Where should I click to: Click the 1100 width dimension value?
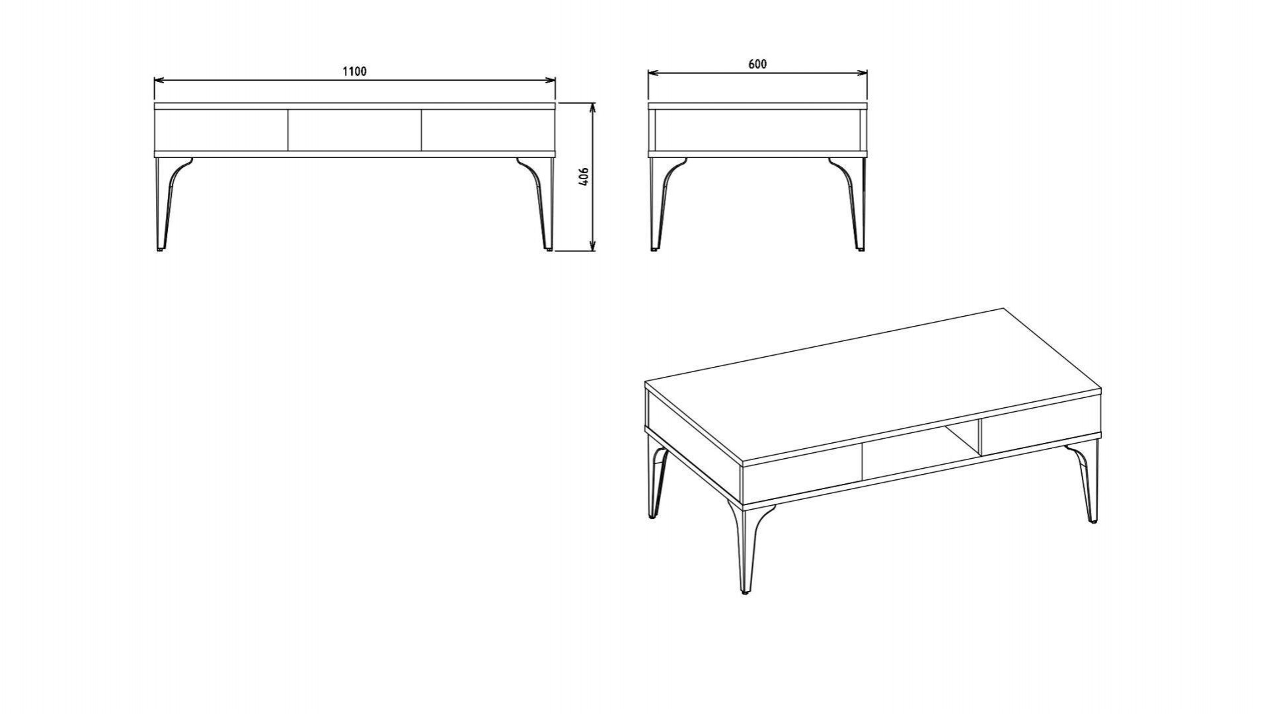(x=354, y=71)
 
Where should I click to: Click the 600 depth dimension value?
(x=757, y=64)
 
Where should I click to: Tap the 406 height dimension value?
(x=584, y=177)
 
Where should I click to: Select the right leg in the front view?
(x=544, y=205)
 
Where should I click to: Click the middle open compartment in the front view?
(x=354, y=130)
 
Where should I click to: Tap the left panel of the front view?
(x=221, y=130)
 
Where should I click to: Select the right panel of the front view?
(x=487, y=130)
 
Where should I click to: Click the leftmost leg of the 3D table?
(x=657, y=483)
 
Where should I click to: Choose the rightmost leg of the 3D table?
(x=1089, y=486)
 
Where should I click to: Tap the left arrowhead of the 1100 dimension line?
(x=157, y=81)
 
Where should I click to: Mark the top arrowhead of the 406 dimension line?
(x=593, y=106)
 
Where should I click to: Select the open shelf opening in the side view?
(x=757, y=130)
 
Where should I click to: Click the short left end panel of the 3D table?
(x=694, y=436)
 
